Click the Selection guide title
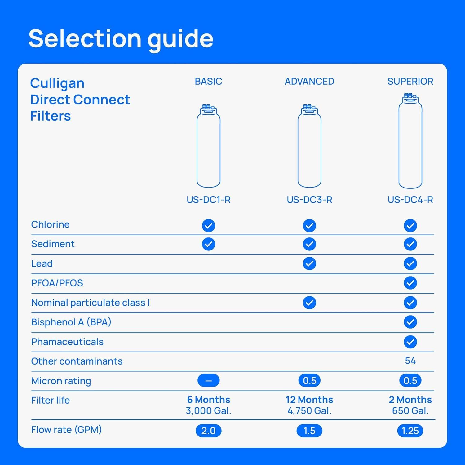[x=121, y=38]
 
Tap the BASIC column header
[x=208, y=81]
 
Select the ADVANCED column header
[x=309, y=81]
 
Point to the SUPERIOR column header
[x=410, y=81]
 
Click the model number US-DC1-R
[x=208, y=200]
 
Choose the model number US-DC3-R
[x=309, y=200]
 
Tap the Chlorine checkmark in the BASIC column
[x=208, y=225]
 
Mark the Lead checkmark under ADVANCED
[x=309, y=263]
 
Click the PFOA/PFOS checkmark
[x=410, y=283]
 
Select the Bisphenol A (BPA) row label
[x=71, y=322]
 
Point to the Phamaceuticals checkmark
[x=410, y=342]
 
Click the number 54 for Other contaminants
[x=410, y=361]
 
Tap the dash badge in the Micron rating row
[x=208, y=380]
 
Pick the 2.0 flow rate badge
[x=208, y=431]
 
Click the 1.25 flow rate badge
[x=410, y=431]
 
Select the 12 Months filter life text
[x=309, y=400]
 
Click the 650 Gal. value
[x=410, y=411]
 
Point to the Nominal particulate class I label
[x=90, y=303]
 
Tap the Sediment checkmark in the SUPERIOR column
[x=410, y=244]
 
